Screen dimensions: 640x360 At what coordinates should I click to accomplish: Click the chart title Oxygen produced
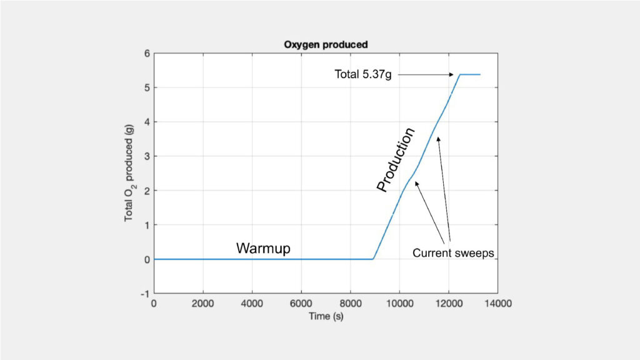(326, 44)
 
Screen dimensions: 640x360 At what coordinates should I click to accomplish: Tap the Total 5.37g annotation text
(363, 74)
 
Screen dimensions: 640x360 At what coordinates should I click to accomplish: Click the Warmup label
(263, 248)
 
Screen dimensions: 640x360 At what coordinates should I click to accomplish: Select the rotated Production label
(396, 159)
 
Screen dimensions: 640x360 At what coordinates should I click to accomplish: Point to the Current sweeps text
(453, 253)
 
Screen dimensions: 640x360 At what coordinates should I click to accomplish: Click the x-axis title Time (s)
(326, 316)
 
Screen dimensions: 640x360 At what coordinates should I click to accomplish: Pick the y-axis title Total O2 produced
(129, 173)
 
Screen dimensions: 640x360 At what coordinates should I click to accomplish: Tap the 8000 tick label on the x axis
(350, 304)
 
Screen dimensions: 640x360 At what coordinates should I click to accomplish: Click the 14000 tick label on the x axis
(497, 304)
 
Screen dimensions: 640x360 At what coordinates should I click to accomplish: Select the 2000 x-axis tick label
(203, 304)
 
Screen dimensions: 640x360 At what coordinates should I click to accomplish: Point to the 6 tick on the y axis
(147, 54)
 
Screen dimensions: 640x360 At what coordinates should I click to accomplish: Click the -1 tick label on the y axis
(145, 294)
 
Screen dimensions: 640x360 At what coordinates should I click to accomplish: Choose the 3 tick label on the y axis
(147, 156)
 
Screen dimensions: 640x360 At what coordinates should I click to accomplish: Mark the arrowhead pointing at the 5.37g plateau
(451, 75)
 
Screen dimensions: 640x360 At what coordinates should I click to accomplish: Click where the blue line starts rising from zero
(373, 259)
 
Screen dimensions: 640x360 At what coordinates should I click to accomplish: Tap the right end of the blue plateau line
(481, 75)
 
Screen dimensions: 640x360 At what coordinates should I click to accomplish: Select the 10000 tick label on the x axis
(399, 304)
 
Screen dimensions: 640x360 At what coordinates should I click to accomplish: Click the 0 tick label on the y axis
(147, 259)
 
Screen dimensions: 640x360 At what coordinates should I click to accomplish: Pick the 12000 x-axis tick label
(449, 304)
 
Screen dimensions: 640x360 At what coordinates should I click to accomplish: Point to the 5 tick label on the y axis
(147, 87)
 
